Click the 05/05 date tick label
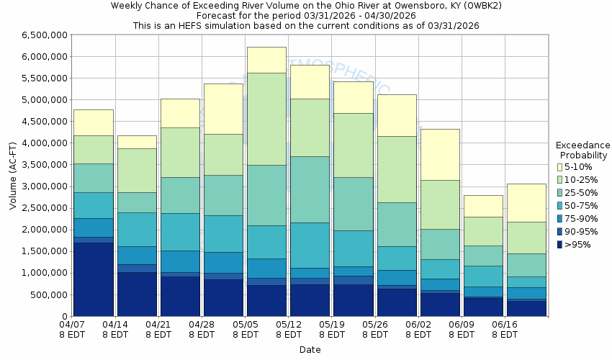pyautogui.click(x=246, y=325)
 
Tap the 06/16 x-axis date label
pyautogui.click(x=505, y=325)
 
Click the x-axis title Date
pyautogui.click(x=310, y=349)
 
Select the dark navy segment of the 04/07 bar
pyautogui.click(x=94, y=279)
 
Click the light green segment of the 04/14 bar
pyautogui.click(x=137, y=170)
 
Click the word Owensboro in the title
pyautogui.click(x=381, y=5)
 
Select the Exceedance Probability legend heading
pyautogui.click(x=583, y=150)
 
